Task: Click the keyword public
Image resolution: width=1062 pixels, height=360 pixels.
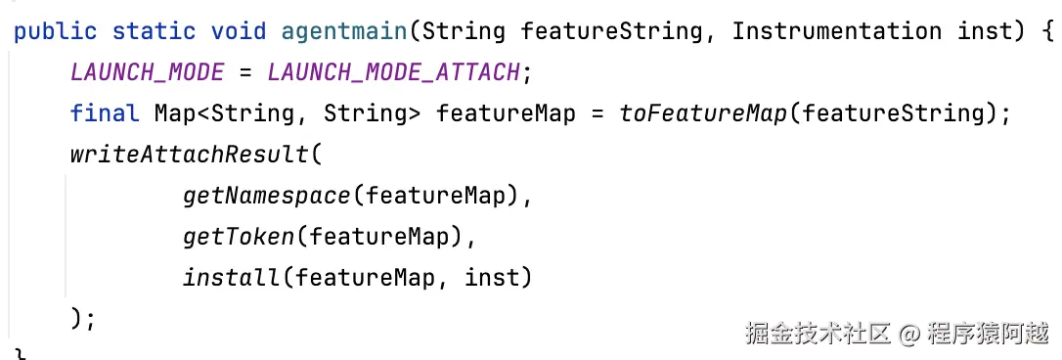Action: tap(55, 32)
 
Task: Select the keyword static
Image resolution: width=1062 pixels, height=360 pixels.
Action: tap(154, 31)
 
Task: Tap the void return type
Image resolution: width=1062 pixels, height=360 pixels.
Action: tap(239, 31)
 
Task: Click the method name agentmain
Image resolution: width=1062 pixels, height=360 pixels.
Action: tap(345, 32)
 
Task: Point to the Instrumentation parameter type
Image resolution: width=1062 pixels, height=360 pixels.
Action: tap(836, 31)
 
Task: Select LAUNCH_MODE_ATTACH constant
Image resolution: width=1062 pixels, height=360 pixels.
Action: tap(393, 72)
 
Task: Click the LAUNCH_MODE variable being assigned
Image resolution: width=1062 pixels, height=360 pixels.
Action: tap(147, 72)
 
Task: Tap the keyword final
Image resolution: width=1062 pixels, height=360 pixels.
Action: tap(105, 113)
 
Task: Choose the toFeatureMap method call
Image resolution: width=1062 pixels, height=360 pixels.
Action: tap(703, 113)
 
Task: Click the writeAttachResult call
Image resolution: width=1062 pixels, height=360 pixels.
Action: tap(189, 155)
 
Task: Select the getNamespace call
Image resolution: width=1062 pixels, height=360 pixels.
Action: tap(267, 196)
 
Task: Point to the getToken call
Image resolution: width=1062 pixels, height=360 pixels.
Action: tap(239, 237)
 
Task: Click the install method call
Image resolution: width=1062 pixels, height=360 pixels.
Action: tap(231, 277)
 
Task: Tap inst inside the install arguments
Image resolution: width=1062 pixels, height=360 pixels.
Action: tap(491, 278)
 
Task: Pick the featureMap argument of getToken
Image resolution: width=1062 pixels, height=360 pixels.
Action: tap(379, 238)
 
